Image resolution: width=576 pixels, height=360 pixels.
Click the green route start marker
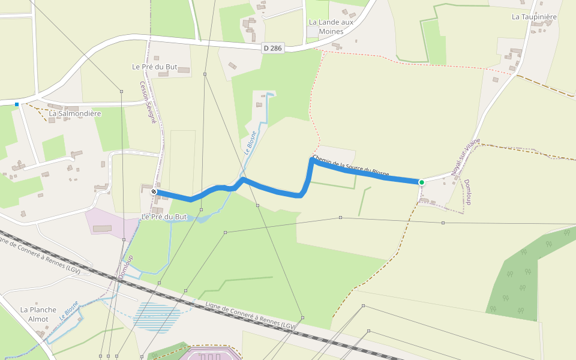[x=421, y=182]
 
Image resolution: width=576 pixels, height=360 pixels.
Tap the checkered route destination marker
[x=154, y=192]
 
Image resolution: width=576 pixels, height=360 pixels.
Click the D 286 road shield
[x=273, y=47]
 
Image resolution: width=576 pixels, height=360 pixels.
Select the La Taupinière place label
[x=534, y=17]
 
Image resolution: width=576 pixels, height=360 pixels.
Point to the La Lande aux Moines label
[x=331, y=26]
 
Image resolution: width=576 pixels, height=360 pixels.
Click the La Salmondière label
[x=75, y=113]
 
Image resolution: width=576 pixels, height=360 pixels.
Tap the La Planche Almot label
[x=38, y=314]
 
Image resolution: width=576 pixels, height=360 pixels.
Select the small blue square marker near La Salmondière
[x=17, y=104]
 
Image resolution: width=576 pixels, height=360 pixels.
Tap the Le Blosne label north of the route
[x=250, y=143]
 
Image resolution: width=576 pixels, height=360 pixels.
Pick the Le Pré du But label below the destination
[x=164, y=216]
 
